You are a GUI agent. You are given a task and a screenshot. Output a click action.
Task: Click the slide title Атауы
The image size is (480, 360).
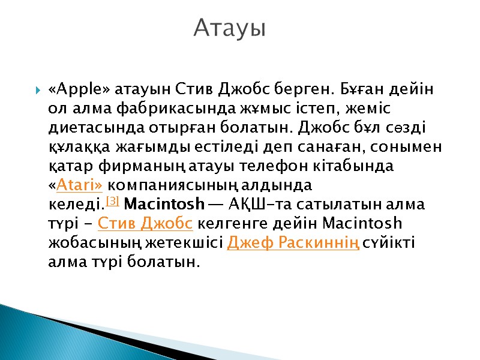pos(230,28)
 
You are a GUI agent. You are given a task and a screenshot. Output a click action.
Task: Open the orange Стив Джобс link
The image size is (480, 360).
pos(145,223)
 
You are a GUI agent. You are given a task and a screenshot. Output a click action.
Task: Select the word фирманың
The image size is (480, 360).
pos(129,166)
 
